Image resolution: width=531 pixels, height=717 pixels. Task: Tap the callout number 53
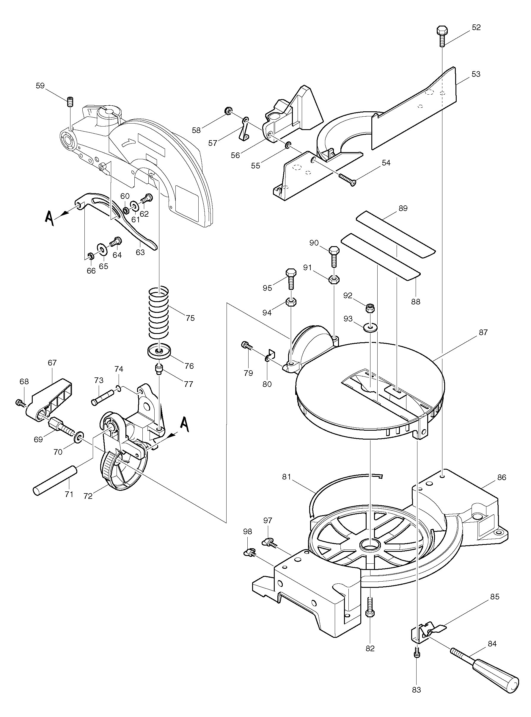pyautogui.click(x=476, y=74)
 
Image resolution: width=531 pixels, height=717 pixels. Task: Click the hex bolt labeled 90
pyautogui.click(x=334, y=257)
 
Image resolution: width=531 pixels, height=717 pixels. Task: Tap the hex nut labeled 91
pyautogui.click(x=334, y=279)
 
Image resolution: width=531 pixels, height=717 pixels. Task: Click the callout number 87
pyautogui.click(x=483, y=332)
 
